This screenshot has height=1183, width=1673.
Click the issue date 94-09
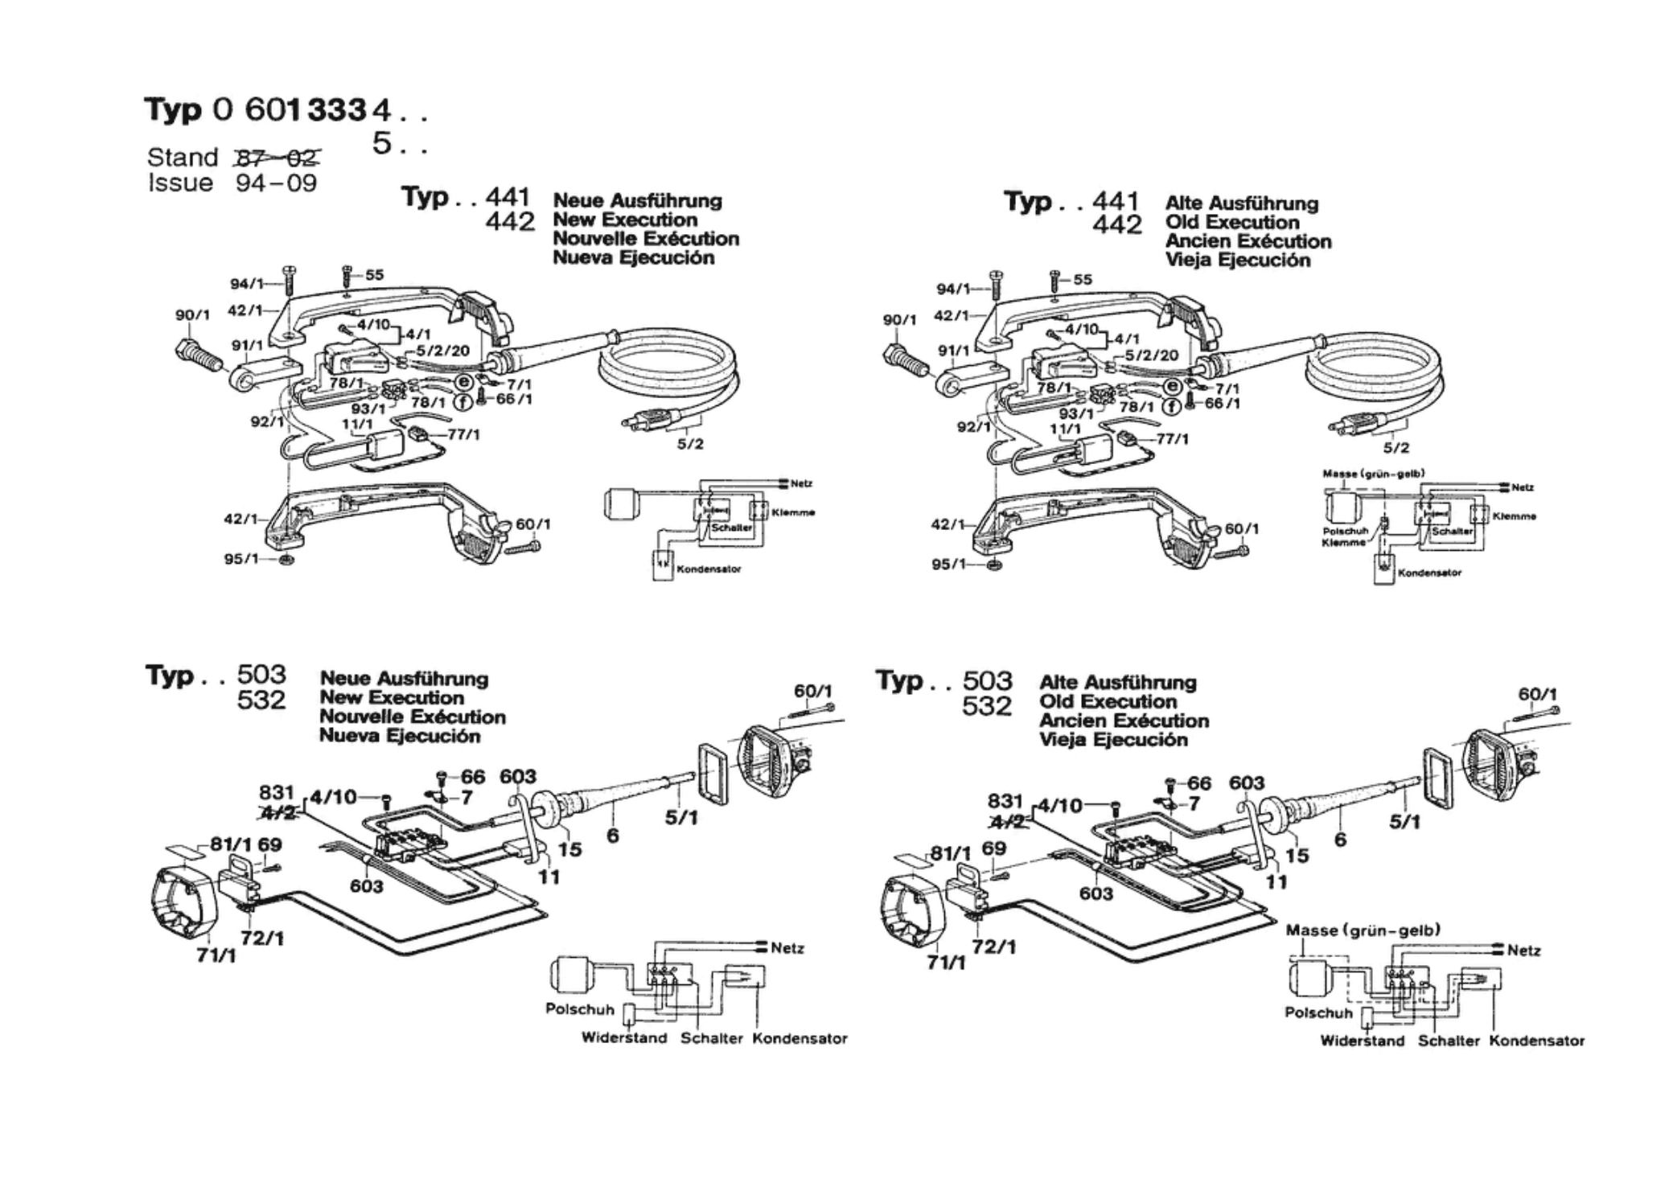(276, 183)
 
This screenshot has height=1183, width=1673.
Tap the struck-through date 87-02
(277, 157)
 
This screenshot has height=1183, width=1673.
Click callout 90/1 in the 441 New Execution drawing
(192, 315)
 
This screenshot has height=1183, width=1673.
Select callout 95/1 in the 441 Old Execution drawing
(949, 565)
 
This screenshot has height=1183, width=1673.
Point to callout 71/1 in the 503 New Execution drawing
(216, 955)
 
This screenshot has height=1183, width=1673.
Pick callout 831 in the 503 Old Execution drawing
(1005, 801)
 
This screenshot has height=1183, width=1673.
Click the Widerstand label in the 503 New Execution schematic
(624, 1038)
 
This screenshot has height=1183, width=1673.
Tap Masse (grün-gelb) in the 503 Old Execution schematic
(1363, 930)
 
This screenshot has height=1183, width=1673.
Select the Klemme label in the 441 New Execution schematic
(792, 512)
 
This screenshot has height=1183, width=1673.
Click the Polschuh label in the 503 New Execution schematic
(579, 1008)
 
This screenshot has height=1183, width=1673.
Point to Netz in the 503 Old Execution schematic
(1523, 951)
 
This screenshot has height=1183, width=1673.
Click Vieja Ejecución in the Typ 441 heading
(1238, 261)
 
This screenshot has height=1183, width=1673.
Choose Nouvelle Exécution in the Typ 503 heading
(413, 717)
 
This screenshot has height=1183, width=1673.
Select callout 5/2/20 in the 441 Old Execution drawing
(1151, 355)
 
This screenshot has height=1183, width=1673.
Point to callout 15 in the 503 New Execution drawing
(569, 849)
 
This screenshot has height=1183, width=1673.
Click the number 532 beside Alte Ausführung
(986, 706)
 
